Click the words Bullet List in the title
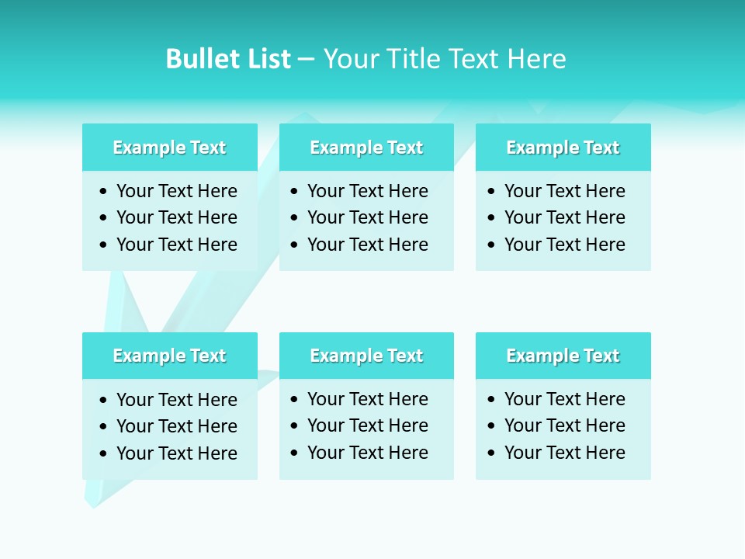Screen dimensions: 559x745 tap(228, 59)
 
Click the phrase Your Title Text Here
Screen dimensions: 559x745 tap(445, 59)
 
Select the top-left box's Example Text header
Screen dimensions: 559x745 tap(169, 148)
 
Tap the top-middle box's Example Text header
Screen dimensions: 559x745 tap(366, 148)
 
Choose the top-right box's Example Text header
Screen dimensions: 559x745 tap(563, 148)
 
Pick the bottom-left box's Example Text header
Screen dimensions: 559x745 tap(169, 356)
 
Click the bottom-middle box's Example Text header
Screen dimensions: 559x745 tap(366, 356)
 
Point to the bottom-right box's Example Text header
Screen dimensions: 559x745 tap(563, 356)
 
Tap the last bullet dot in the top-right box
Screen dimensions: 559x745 tap(492, 245)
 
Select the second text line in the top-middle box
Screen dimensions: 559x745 tap(367, 217)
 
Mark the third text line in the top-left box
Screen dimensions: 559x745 tap(176, 245)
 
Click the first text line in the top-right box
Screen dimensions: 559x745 tap(564, 191)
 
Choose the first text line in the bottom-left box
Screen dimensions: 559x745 tap(176, 400)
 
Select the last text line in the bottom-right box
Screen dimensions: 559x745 tap(564, 453)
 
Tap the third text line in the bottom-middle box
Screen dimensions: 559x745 tap(367, 453)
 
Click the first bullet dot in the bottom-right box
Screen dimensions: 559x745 tap(492, 400)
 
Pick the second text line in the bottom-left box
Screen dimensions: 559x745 tap(176, 426)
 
